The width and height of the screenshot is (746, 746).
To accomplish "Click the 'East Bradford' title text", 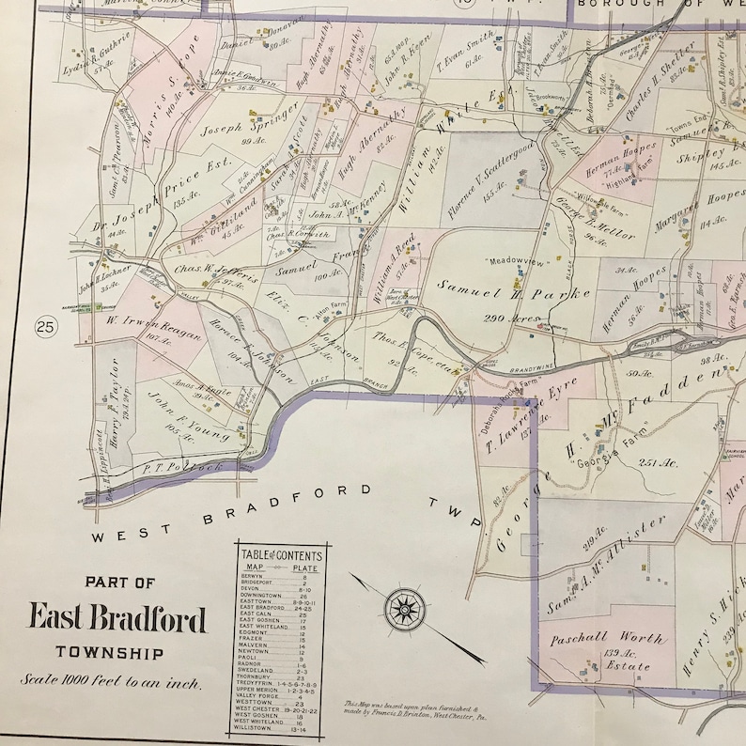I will [x=118, y=618].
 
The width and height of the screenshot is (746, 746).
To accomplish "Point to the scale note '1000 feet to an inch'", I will [x=112, y=683].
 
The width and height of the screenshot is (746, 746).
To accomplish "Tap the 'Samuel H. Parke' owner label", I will [x=513, y=288].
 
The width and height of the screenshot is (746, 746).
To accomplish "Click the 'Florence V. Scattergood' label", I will [x=492, y=179].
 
